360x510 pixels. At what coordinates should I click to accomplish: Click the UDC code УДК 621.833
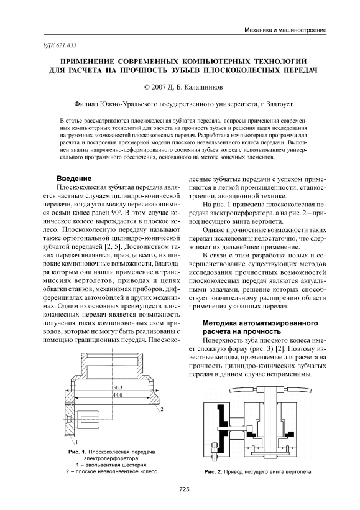tap(60, 45)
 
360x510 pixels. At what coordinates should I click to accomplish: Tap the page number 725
tap(184, 489)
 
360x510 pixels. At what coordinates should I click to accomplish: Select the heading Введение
tap(74, 178)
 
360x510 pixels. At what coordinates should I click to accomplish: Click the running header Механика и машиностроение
tap(285, 30)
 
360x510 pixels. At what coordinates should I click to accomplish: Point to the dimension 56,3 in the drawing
tap(118, 387)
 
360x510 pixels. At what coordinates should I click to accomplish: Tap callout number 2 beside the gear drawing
tap(162, 409)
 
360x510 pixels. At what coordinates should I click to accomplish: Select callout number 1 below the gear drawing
tap(76, 442)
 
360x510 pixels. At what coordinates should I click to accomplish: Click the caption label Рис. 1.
tap(77, 452)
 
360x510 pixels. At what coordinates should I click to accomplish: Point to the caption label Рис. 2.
tap(213, 471)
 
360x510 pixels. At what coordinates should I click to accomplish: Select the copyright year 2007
tap(158, 87)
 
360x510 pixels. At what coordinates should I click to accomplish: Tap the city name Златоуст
tap(279, 104)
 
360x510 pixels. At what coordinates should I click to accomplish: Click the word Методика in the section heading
tap(218, 323)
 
